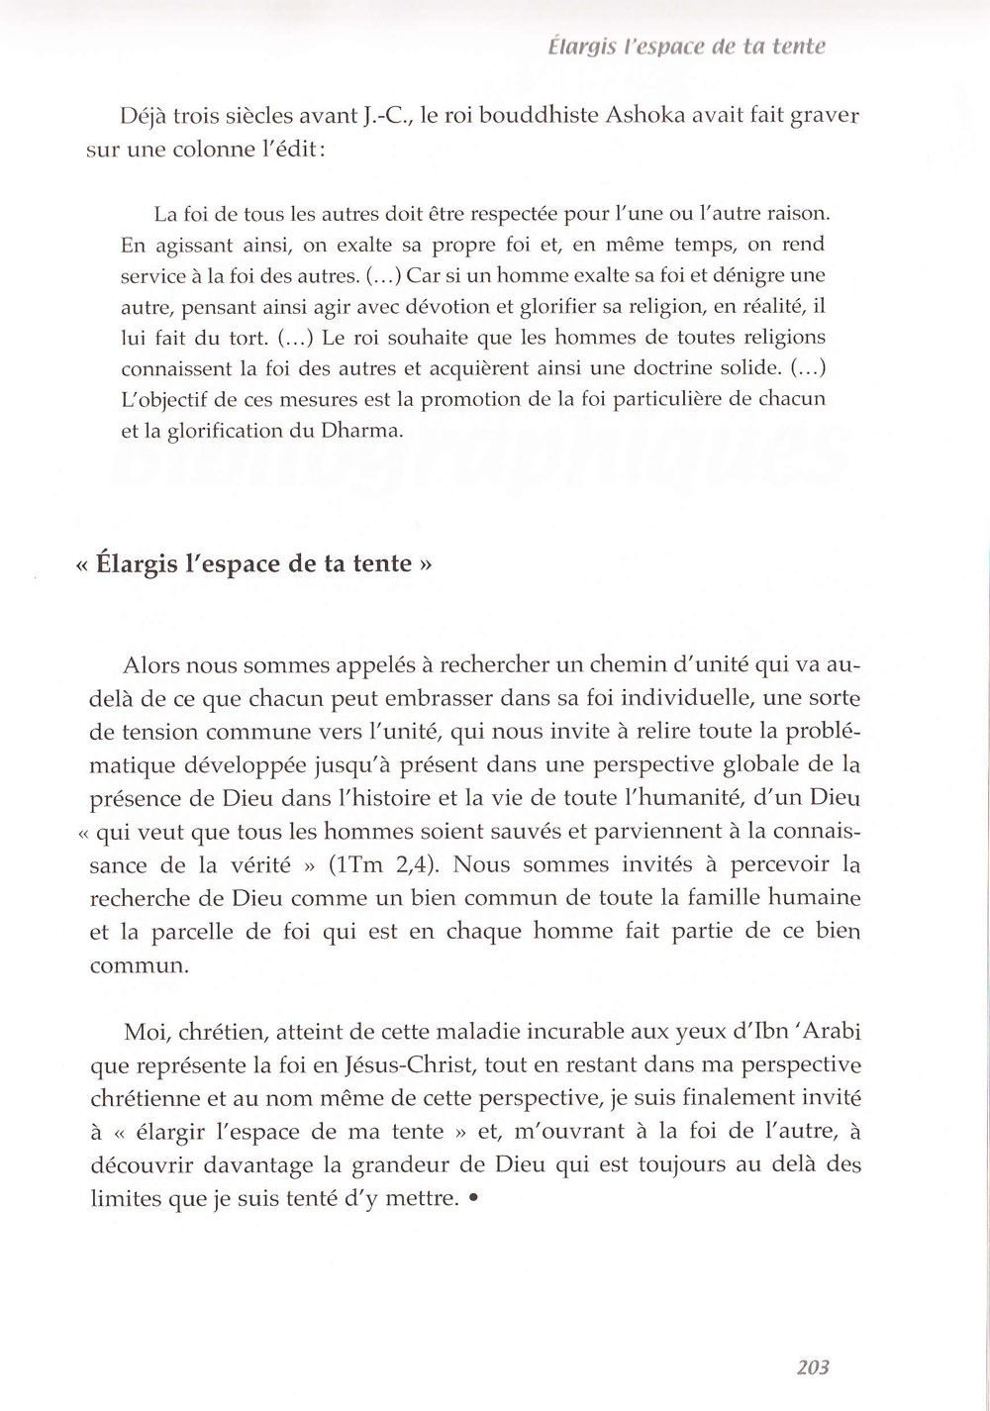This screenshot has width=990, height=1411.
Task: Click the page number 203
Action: (812, 1367)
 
